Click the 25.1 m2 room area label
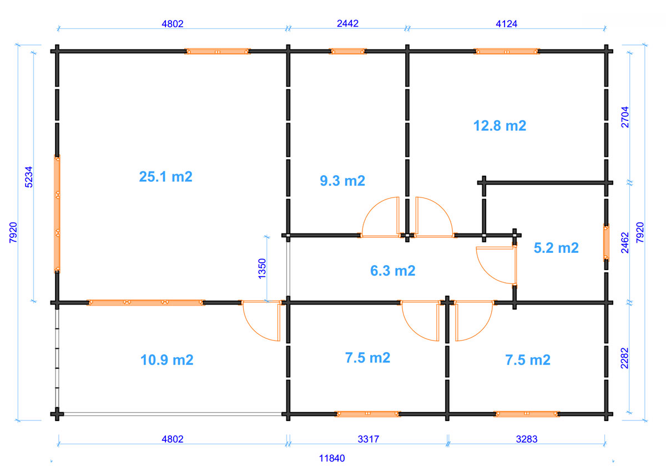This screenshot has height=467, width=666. pyautogui.click(x=165, y=177)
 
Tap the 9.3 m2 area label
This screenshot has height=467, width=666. pyautogui.click(x=342, y=181)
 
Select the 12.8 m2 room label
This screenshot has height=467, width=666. pyautogui.click(x=500, y=126)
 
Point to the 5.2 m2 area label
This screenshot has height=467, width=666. pyautogui.click(x=556, y=248)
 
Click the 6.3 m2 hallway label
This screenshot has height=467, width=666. pyautogui.click(x=393, y=271)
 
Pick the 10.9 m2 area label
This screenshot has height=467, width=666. pyautogui.click(x=167, y=360)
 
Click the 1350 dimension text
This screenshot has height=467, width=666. pyautogui.click(x=262, y=268)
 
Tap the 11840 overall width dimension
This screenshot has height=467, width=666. pyautogui.click(x=332, y=458)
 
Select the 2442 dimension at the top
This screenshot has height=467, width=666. pyautogui.click(x=347, y=23)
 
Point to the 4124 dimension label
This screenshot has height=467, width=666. pyautogui.click(x=507, y=24)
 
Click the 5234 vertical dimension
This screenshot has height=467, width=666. pyautogui.click(x=28, y=177)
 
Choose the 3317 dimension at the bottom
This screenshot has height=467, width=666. pyautogui.click(x=369, y=439)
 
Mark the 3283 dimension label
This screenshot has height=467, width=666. pyautogui.click(x=527, y=439)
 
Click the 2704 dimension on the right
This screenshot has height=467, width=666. pyautogui.click(x=625, y=117)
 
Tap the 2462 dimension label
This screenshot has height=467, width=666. pyautogui.click(x=625, y=243)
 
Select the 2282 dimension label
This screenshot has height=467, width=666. pyautogui.click(x=624, y=358)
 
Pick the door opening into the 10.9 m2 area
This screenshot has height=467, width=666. pyautogui.click(x=261, y=321)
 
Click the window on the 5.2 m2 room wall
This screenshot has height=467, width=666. pyautogui.click(x=606, y=243)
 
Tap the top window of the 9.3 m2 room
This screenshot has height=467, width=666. pyautogui.click(x=347, y=52)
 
